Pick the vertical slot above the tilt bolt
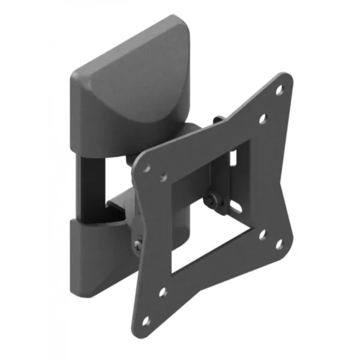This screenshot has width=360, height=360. click(x=232, y=157)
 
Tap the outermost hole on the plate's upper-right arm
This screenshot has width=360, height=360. click(x=280, y=90)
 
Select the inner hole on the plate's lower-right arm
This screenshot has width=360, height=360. click(x=262, y=235)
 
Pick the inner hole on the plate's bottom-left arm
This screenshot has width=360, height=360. click(x=162, y=293)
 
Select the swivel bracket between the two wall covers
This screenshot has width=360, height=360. click(x=120, y=207)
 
